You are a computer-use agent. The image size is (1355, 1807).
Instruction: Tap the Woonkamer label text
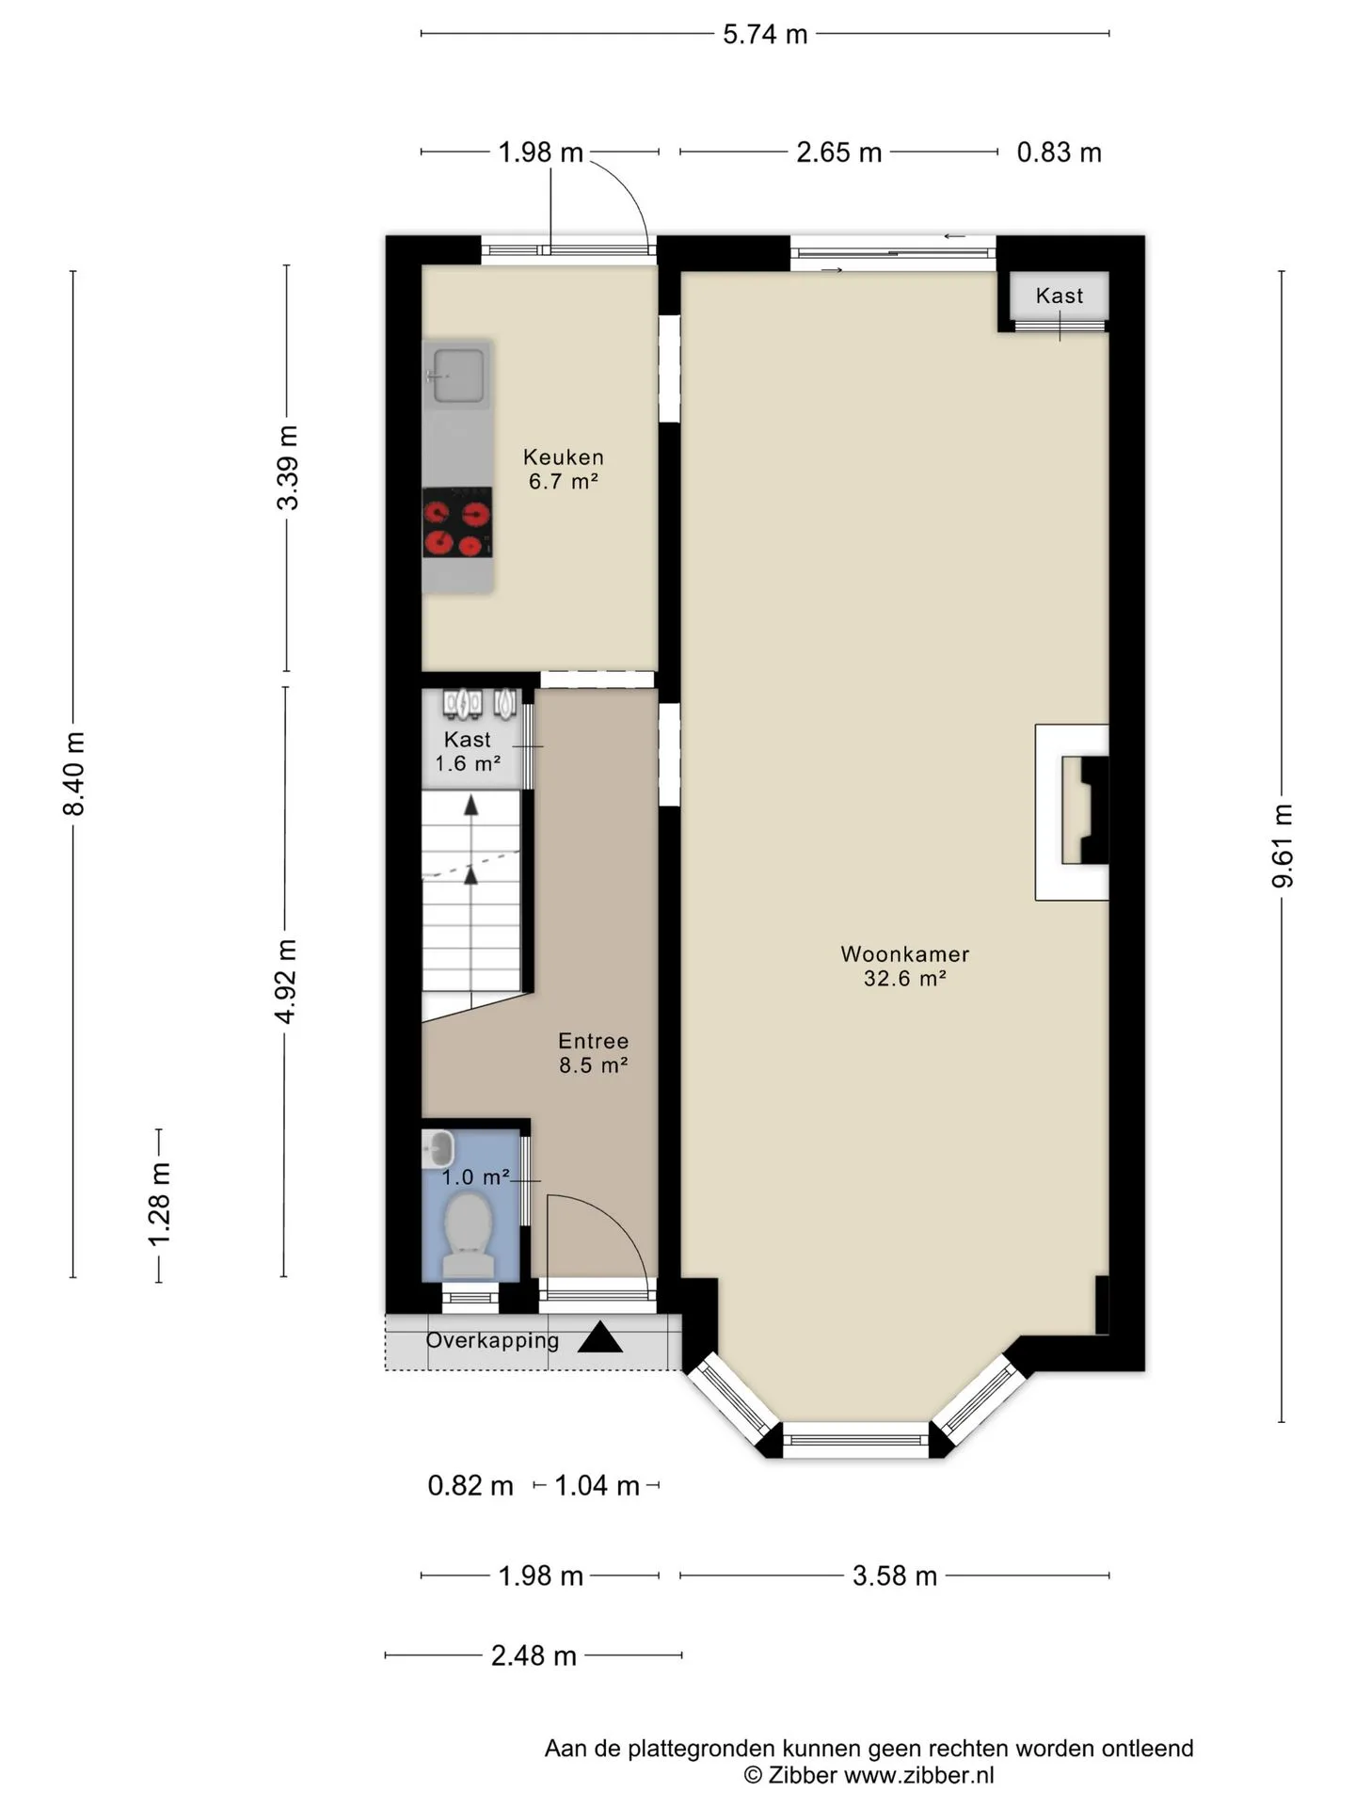[904, 954]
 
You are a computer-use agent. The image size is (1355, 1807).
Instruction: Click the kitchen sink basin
[457, 376]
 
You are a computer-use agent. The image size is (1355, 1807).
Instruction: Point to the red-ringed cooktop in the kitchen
[457, 522]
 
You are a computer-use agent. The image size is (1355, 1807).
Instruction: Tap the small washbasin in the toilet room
[438, 1148]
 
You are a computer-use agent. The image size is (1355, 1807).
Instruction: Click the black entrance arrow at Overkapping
[599, 1337]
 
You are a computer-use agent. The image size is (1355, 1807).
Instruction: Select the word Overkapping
[492, 1340]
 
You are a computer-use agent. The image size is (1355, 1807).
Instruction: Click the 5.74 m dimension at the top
[765, 34]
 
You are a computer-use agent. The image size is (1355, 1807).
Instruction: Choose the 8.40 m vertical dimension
[74, 774]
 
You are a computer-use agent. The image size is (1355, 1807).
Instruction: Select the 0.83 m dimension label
[1059, 152]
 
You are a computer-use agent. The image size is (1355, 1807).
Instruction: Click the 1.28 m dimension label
[159, 1204]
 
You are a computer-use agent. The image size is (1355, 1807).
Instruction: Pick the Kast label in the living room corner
[1060, 296]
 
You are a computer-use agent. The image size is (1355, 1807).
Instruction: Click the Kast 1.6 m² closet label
[468, 751]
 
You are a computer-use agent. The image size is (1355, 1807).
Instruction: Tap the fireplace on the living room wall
[1073, 811]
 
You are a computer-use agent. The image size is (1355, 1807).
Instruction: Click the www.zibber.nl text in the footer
[918, 1775]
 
